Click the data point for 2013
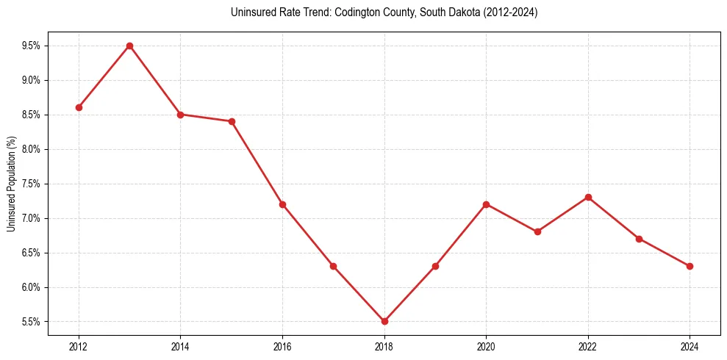click(129, 46)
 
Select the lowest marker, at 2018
click(384, 321)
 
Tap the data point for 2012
click(79, 107)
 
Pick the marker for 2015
click(232, 121)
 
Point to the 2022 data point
click(588, 197)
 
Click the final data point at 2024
click(690, 266)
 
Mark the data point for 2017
click(333, 266)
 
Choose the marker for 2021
click(537, 231)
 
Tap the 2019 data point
click(435, 266)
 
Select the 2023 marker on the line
click(639, 239)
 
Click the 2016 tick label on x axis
click(282, 347)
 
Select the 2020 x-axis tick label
click(486, 347)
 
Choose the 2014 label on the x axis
click(180, 347)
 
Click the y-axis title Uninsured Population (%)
click(11, 184)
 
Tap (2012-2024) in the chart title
click(511, 13)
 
